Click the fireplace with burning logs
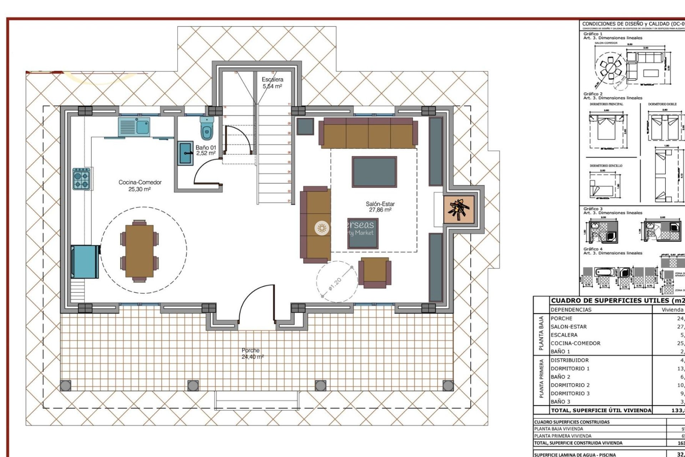point(459,210)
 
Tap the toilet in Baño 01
point(207,128)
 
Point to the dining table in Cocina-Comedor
point(139,251)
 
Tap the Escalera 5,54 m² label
point(273,83)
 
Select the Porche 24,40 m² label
point(251,353)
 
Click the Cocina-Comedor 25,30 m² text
point(140,186)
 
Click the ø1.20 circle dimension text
point(335,284)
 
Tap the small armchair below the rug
point(374,272)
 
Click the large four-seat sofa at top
point(368,133)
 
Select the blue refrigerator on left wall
point(85,261)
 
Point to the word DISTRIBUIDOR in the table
point(569,360)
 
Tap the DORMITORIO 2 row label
point(570,385)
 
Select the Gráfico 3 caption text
point(593,209)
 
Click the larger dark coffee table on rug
point(374,172)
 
